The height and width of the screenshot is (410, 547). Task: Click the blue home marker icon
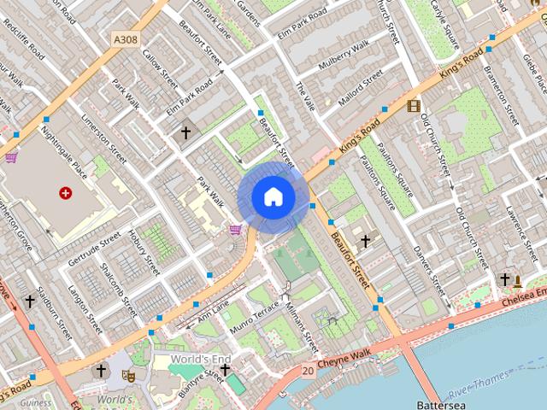pyautogui.click(x=273, y=196)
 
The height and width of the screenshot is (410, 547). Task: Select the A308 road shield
pyautogui.click(x=124, y=38)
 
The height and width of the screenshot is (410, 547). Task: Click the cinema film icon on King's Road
pyautogui.click(x=415, y=106)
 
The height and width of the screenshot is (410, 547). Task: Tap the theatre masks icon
pyautogui.click(x=129, y=373)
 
